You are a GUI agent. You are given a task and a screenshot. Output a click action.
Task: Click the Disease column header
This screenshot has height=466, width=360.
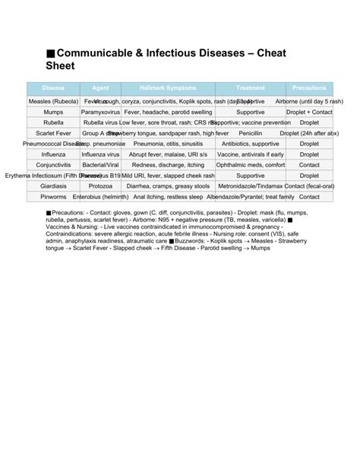(53, 88)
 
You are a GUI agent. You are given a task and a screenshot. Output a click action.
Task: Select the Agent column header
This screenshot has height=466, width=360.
(100, 88)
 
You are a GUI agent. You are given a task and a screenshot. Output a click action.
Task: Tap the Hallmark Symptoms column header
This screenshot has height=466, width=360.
(168, 88)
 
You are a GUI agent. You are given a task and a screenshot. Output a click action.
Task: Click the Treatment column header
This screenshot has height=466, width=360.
(251, 88)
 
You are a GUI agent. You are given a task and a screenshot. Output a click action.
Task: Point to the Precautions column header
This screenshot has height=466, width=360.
(309, 88)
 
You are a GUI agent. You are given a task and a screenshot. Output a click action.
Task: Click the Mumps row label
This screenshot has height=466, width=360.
(53, 112)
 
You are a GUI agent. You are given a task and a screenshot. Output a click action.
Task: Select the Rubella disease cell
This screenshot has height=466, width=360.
(53, 122)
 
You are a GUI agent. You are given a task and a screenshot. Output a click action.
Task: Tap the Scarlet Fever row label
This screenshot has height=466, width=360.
(53, 133)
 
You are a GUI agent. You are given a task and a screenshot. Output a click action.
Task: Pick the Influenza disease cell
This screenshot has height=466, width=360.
(53, 154)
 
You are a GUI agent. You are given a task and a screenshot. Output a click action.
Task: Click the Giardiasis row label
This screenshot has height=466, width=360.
(53, 186)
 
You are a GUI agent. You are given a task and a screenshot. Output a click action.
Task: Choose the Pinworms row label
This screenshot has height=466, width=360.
(53, 197)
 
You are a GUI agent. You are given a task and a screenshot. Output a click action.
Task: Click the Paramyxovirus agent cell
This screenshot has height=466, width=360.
(100, 112)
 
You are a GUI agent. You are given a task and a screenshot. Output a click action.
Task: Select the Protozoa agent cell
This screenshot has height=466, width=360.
(100, 186)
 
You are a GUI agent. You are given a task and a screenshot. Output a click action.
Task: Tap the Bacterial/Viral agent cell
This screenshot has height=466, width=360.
(100, 165)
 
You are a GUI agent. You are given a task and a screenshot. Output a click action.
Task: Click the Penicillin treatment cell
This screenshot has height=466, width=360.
(251, 133)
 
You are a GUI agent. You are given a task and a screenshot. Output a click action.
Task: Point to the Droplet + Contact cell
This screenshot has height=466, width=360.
(309, 112)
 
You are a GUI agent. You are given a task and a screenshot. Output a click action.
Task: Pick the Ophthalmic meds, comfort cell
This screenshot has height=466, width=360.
(251, 165)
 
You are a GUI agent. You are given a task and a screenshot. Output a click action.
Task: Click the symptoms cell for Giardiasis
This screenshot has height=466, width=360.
(168, 186)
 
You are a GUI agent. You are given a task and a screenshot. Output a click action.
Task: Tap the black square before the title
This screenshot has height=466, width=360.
(50, 54)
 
